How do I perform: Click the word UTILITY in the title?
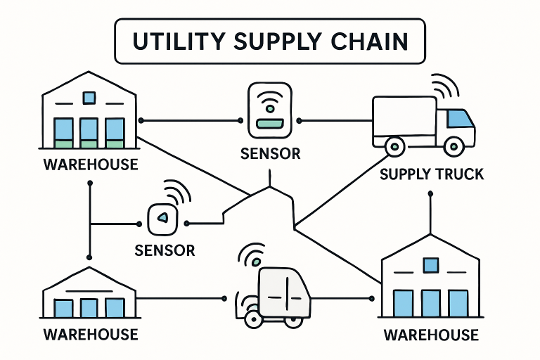pyautogui.click(x=179, y=41)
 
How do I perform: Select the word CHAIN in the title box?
pyautogui.click(x=370, y=41)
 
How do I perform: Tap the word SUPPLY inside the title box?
pyautogui.click(x=278, y=42)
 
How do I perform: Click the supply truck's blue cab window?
pyautogui.click(x=459, y=119)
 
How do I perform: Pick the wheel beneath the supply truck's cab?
pyautogui.click(x=454, y=146)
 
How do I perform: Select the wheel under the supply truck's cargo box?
pyautogui.click(x=395, y=146)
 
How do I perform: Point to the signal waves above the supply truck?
pyautogui.click(x=445, y=85)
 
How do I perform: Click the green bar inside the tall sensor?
pyautogui.click(x=270, y=123)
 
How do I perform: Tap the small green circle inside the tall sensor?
pyautogui.click(x=270, y=109)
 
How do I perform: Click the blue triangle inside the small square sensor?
pyautogui.click(x=162, y=217)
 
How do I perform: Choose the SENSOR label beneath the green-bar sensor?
pyautogui.click(x=270, y=154)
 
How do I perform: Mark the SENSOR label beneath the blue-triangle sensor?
pyautogui.click(x=165, y=250)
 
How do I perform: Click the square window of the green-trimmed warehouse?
pyautogui.click(x=89, y=98)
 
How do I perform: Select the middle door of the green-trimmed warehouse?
pyautogui.click(x=89, y=133)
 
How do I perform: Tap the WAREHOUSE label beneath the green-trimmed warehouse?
pyautogui.click(x=91, y=165)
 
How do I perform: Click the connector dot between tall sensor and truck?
pyautogui.click(x=299, y=120)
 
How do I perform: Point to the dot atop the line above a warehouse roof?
pyautogui.click(x=430, y=194)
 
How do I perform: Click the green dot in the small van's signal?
pyautogui.click(x=257, y=262)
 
